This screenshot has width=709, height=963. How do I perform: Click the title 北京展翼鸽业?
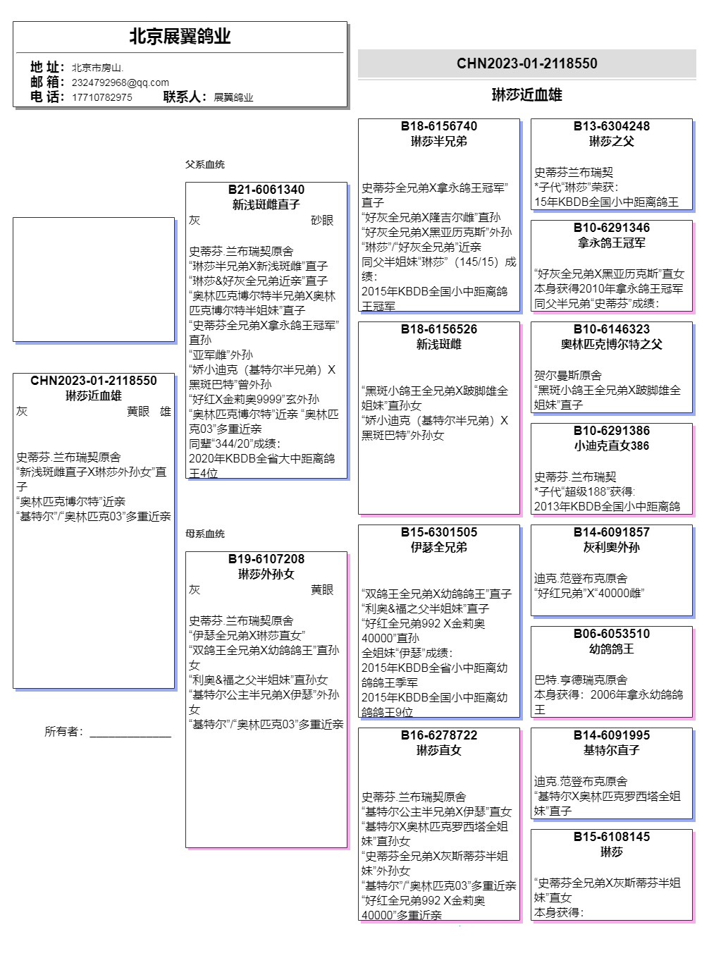coord(180,37)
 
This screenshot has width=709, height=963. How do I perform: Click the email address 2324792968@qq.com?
coord(120,82)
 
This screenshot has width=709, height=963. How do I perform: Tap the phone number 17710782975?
coord(101,97)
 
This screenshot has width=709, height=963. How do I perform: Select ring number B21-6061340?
coord(266,190)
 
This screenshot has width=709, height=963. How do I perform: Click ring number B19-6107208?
coord(266,559)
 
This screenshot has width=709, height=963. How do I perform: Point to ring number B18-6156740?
coord(438,126)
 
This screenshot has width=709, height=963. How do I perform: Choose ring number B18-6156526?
coord(438,329)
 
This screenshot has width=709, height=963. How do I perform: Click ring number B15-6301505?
coord(438,532)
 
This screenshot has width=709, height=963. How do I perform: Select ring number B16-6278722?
coord(438,735)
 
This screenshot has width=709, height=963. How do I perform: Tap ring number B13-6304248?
coord(611,126)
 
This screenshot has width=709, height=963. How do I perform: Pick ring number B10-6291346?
coord(611,228)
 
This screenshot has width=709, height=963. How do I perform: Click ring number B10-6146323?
coord(611,329)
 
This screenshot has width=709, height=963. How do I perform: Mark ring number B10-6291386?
coord(611,431)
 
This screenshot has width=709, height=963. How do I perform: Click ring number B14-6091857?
coord(611,532)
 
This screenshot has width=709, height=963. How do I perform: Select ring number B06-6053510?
coord(611,634)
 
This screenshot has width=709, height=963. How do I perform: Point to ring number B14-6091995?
coord(611,735)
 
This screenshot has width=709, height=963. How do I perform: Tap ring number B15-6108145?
coord(611,837)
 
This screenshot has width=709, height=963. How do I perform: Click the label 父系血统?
coord(205,164)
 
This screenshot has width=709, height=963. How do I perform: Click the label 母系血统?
coord(205,534)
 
